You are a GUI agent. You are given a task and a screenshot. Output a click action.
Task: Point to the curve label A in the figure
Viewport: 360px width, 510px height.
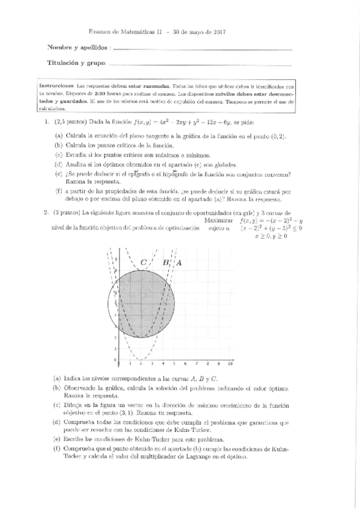178,262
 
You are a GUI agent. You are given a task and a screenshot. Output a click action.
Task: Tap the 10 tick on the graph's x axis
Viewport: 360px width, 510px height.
230,364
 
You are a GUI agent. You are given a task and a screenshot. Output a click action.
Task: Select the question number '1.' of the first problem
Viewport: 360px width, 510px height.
46,121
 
